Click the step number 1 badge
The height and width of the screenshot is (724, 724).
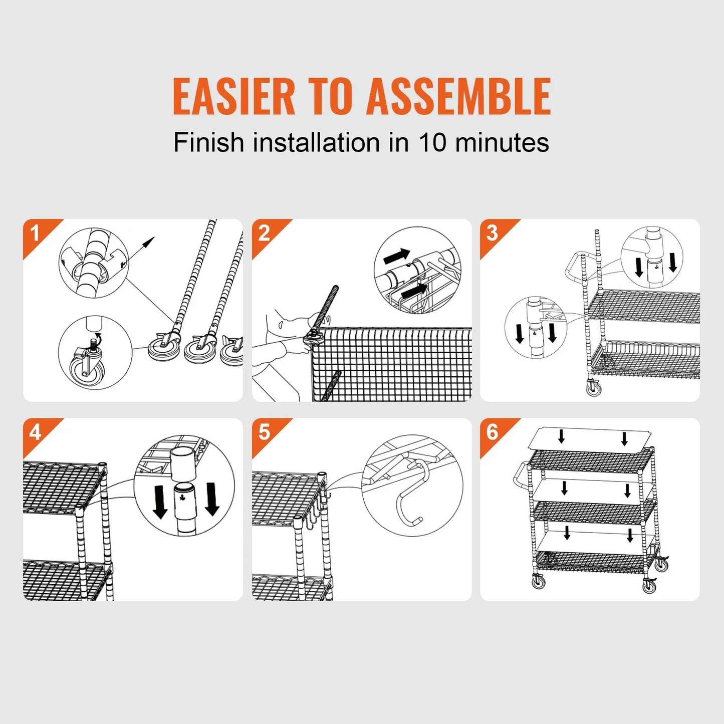tap(35, 233)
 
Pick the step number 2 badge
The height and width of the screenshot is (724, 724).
tap(264, 233)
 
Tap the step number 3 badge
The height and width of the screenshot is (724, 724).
tap(493, 233)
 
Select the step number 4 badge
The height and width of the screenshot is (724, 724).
tap(35, 432)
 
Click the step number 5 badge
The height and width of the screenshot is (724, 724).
tap(264, 432)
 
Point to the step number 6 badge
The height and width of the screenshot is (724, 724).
tap(493, 432)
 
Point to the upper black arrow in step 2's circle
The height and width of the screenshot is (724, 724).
tap(397, 256)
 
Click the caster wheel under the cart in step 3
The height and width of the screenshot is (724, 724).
tap(594, 388)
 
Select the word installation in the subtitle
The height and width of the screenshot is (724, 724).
tap(317, 142)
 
